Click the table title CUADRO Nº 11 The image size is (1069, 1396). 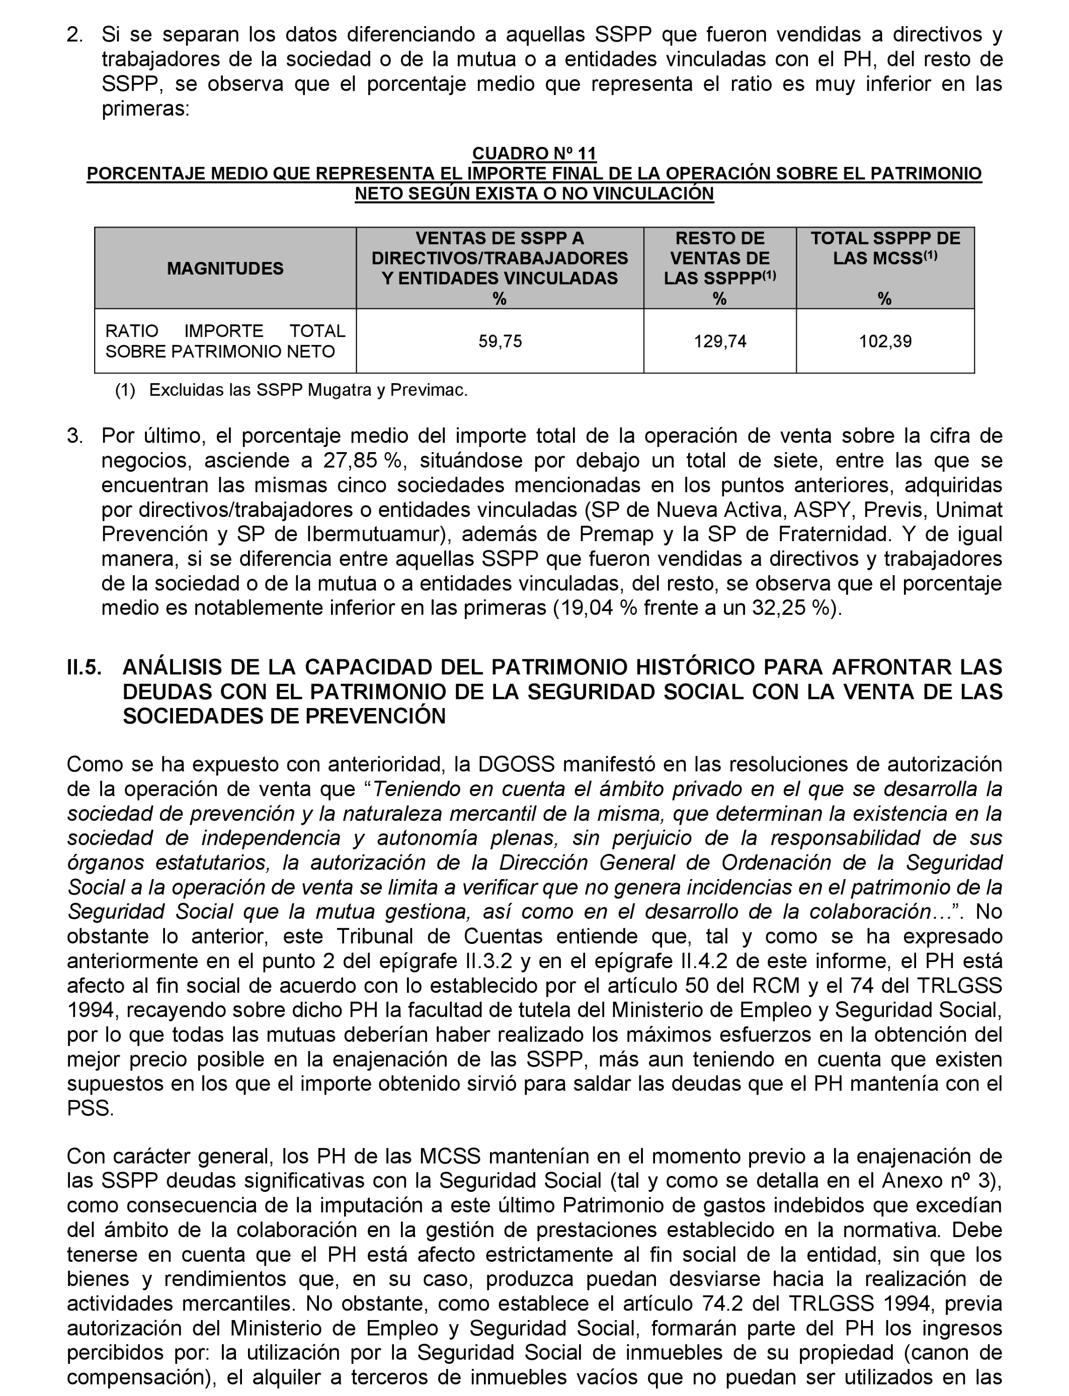[x=534, y=153]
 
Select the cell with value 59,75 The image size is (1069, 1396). [x=500, y=341]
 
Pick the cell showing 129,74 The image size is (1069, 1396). [x=720, y=341]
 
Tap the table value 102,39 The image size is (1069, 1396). [x=885, y=341]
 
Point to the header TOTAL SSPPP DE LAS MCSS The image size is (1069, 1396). [x=885, y=248]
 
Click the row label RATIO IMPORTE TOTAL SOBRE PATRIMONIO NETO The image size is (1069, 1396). [x=225, y=341]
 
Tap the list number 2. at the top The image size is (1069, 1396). [x=75, y=34]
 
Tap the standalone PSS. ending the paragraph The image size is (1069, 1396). [x=91, y=1109]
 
